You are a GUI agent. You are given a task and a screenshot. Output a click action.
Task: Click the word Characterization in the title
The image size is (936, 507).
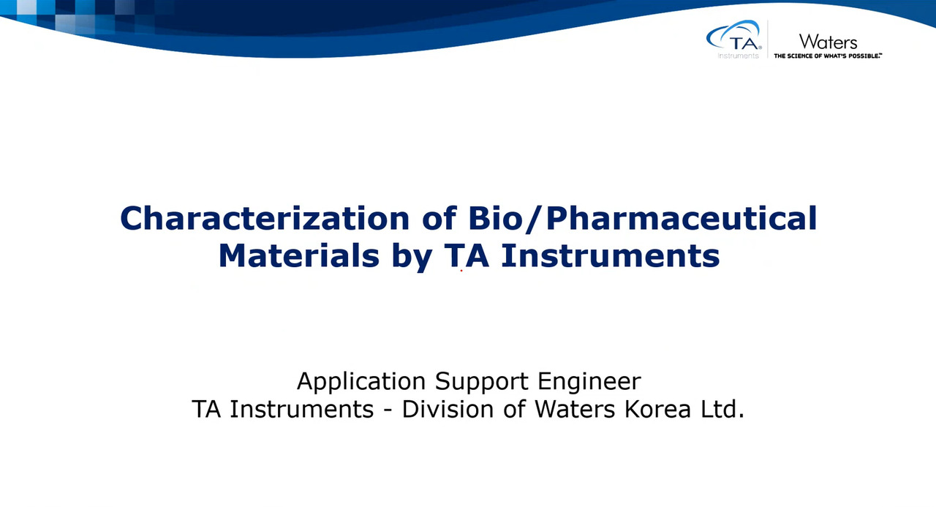265,218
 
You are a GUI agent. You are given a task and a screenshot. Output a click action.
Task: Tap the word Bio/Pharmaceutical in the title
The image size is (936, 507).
642,218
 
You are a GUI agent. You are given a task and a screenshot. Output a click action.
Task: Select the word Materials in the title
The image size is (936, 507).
299,255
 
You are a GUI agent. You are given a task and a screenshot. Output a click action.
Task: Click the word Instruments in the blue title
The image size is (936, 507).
610,255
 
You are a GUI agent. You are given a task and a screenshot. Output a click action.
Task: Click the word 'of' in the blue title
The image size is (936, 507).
439,218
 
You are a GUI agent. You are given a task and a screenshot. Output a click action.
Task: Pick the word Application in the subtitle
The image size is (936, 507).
361,382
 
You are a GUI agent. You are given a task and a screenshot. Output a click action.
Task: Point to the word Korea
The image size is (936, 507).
657,409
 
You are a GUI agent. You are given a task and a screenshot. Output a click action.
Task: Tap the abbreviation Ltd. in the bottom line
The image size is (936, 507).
722,409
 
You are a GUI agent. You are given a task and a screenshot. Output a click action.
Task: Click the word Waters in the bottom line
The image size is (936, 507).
575,409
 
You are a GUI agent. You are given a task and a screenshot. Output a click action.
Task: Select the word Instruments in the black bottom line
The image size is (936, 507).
302,409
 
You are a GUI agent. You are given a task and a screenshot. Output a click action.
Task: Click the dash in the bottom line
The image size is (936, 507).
388,410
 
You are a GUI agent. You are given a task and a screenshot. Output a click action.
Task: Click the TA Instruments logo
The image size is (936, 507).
734,40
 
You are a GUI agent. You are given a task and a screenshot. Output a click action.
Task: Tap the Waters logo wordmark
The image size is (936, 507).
828,42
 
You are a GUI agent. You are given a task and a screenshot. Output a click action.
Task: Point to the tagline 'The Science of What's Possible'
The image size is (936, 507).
828,56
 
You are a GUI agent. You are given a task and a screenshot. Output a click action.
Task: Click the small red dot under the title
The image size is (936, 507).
461,271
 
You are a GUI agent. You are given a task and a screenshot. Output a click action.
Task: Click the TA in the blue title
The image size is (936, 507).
467,255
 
